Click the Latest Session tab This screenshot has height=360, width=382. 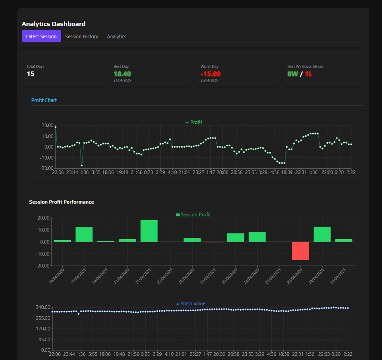click(x=41, y=36)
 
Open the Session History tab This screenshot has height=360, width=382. click(x=81, y=36)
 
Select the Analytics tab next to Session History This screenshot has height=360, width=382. click(x=117, y=36)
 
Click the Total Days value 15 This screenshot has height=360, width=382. click(x=31, y=74)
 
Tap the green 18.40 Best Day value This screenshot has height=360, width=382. click(x=122, y=74)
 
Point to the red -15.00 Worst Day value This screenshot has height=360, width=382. click(x=210, y=74)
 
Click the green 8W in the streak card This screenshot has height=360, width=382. click(x=293, y=74)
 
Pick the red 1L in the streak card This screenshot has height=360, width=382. click(x=309, y=74)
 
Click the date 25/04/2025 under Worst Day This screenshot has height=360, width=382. click(x=209, y=80)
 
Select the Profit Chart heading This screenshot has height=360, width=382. click(x=44, y=100)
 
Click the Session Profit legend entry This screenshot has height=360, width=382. click(x=193, y=215)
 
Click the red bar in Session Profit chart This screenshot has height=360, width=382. click(x=301, y=251)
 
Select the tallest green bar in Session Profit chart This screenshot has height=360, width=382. click(x=149, y=231)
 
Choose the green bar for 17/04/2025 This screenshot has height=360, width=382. click(x=84, y=234)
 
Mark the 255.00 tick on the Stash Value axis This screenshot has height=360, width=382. click(x=44, y=318)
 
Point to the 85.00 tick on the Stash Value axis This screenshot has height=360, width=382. click(x=45, y=339)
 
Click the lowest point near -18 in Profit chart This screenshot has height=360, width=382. click(x=82, y=165)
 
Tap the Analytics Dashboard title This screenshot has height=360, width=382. click(x=53, y=24)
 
